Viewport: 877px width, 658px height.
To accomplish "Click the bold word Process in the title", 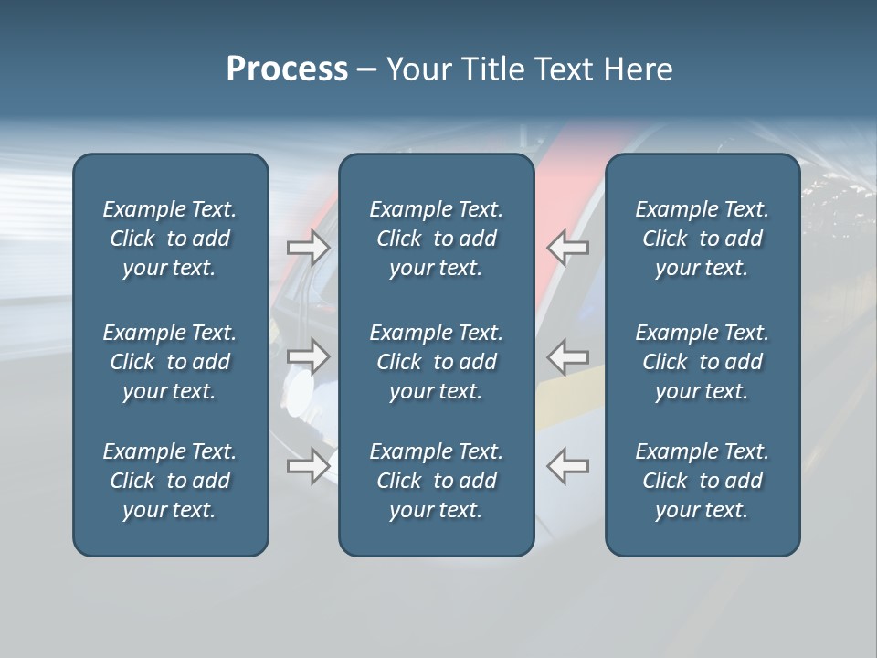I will click(x=287, y=69).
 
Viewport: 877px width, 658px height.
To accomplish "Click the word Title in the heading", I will click(x=494, y=69).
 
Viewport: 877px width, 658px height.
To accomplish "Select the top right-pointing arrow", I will click(x=309, y=248).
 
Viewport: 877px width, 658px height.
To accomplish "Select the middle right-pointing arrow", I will click(x=309, y=356).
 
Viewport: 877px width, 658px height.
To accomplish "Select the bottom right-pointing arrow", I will click(x=309, y=466).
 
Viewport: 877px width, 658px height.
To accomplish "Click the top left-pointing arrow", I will click(x=567, y=248).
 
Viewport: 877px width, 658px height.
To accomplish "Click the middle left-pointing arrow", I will click(x=567, y=356).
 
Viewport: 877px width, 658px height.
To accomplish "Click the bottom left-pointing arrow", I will click(x=567, y=466).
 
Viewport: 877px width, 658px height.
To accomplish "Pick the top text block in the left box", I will click(x=170, y=239).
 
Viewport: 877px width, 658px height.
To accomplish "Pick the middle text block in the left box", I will click(x=170, y=362).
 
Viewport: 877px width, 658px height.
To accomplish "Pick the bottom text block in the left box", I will click(x=170, y=481).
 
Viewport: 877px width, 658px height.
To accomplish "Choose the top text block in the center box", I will click(x=436, y=239).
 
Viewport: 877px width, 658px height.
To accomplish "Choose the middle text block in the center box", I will click(x=436, y=362).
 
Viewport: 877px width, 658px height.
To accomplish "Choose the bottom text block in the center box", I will click(x=436, y=481).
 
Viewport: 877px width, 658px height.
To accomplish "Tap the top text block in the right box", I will click(x=702, y=239).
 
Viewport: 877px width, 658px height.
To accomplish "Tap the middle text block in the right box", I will click(x=702, y=362).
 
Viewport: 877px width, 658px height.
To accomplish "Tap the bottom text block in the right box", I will click(x=702, y=481).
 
